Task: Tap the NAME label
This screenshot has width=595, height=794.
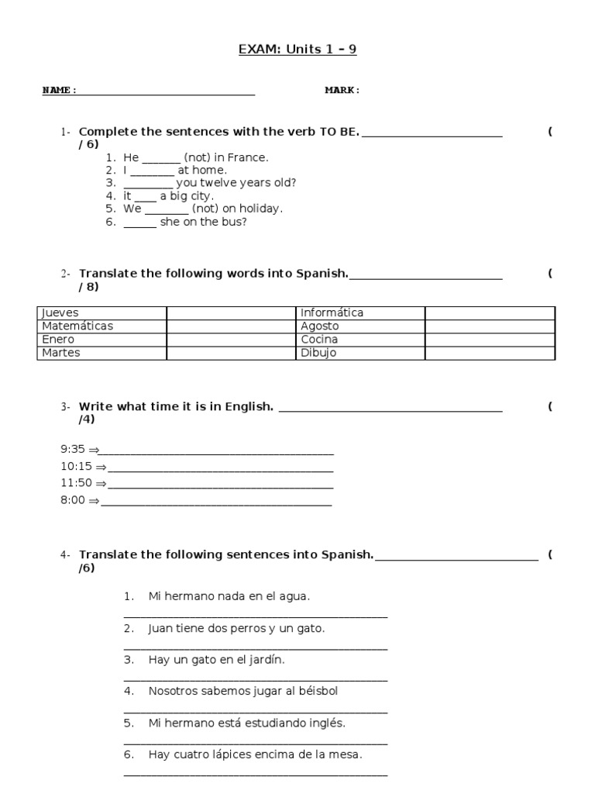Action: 59,91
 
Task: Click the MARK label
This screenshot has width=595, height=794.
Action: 342,91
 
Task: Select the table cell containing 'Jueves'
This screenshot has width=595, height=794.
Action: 101,313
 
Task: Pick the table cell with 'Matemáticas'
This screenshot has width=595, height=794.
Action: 101,326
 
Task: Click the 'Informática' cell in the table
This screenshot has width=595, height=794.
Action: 361,313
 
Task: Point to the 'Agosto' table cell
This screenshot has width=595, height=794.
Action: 361,326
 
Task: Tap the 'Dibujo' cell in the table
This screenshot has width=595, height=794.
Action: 361,354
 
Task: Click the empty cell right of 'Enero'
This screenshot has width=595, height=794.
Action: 232,340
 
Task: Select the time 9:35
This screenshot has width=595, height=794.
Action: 73,449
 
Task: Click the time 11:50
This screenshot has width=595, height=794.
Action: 76,483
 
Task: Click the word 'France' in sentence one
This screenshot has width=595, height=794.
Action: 249,157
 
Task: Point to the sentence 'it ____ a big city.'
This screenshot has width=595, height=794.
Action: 157,196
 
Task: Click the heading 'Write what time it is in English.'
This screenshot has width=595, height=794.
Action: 176,407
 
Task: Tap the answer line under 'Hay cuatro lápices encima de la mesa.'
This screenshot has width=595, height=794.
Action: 255,774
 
